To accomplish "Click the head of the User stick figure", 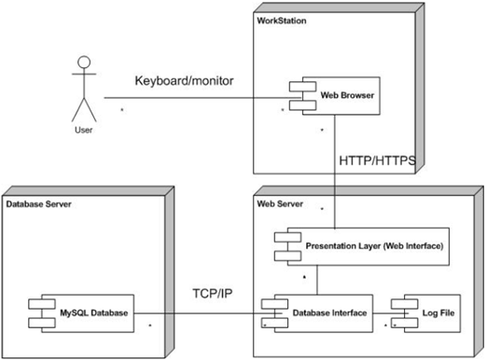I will [x=83, y=64].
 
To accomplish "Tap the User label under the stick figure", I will [x=83, y=131].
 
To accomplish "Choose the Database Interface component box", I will [x=314, y=312].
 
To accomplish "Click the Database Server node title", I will [x=38, y=202].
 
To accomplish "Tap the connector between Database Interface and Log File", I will [x=379, y=312].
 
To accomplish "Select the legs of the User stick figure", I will [x=83, y=110].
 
